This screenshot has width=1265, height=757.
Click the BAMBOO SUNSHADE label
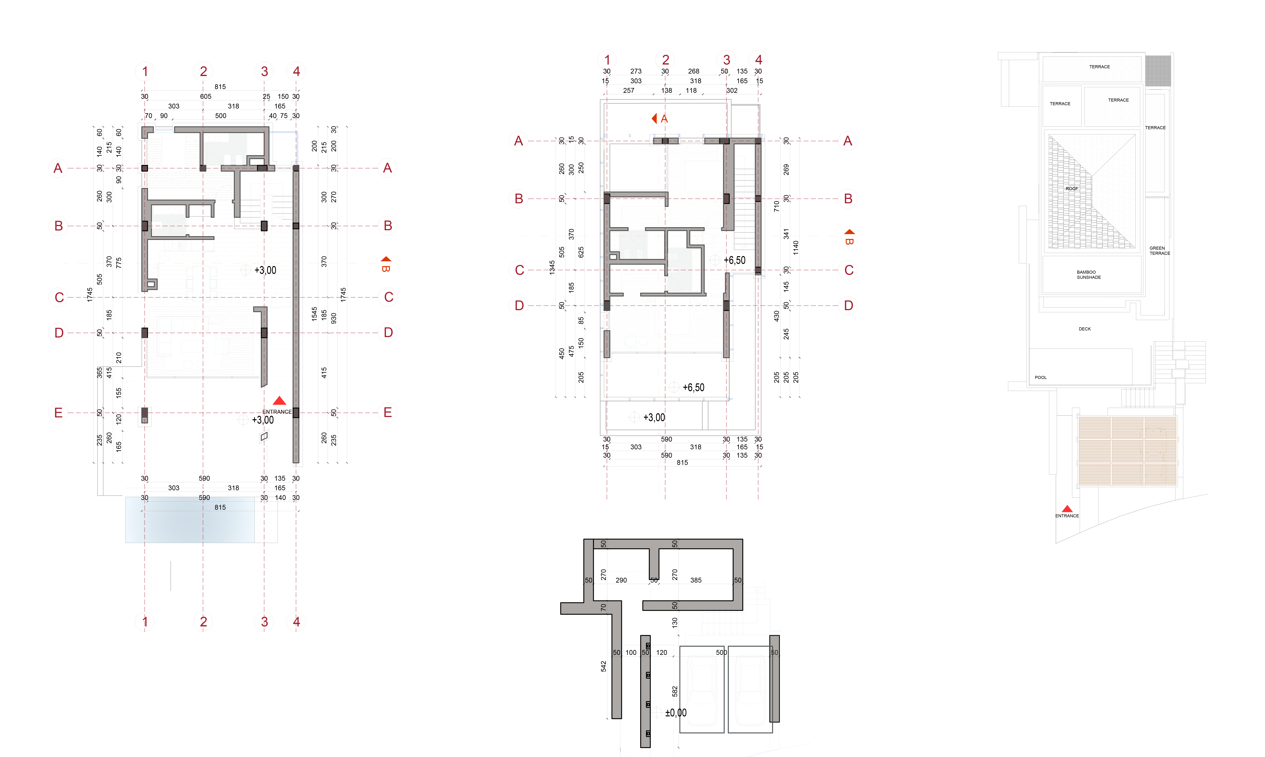pyautogui.click(x=1088, y=274)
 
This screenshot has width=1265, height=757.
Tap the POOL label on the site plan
pyautogui.click(x=1040, y=377)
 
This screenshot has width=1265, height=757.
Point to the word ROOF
pyautogui.click(x=1072, y=189)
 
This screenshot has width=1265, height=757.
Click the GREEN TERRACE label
pyautogui.click(x=1159, y=250)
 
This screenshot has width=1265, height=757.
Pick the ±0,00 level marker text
pyautogui.click(x=676, y=713)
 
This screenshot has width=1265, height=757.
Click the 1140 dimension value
pyautogui.click(x=796, y=248)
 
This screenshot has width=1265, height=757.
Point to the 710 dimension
pyautogui.click(x=776, y=206)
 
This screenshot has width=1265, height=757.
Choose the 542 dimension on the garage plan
pyautogui.click(x=603, y=666)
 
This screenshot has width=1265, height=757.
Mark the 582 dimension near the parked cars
pyautogui.click(x=675, y=691)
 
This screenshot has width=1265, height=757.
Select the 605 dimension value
pyautogui.click(x=206, y=96)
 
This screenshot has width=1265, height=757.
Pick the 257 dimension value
pyautogui.click(x=629, y=90)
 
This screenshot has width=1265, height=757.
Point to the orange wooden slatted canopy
pyautogui.click(x=1127, y=450)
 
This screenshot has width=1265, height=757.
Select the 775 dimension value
pyautogui.click(x=119, y=263)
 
